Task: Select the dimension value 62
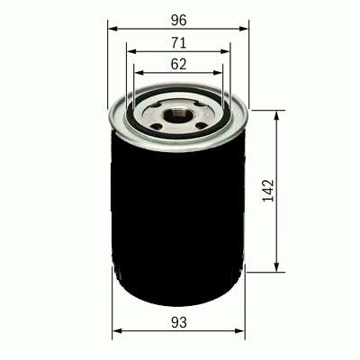click(x=178, y=64)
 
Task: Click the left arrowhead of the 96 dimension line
click(x=112, y=29)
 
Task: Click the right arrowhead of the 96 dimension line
click(x=247, y=29)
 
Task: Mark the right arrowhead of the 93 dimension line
click(x=244, y=332)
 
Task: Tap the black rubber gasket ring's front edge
click(x=178, y=137)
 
